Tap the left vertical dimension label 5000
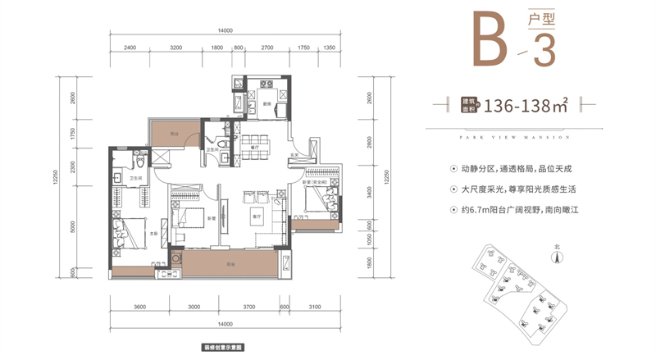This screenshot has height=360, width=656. click(74, 226)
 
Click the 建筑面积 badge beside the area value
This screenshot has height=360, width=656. click(469, 106)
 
